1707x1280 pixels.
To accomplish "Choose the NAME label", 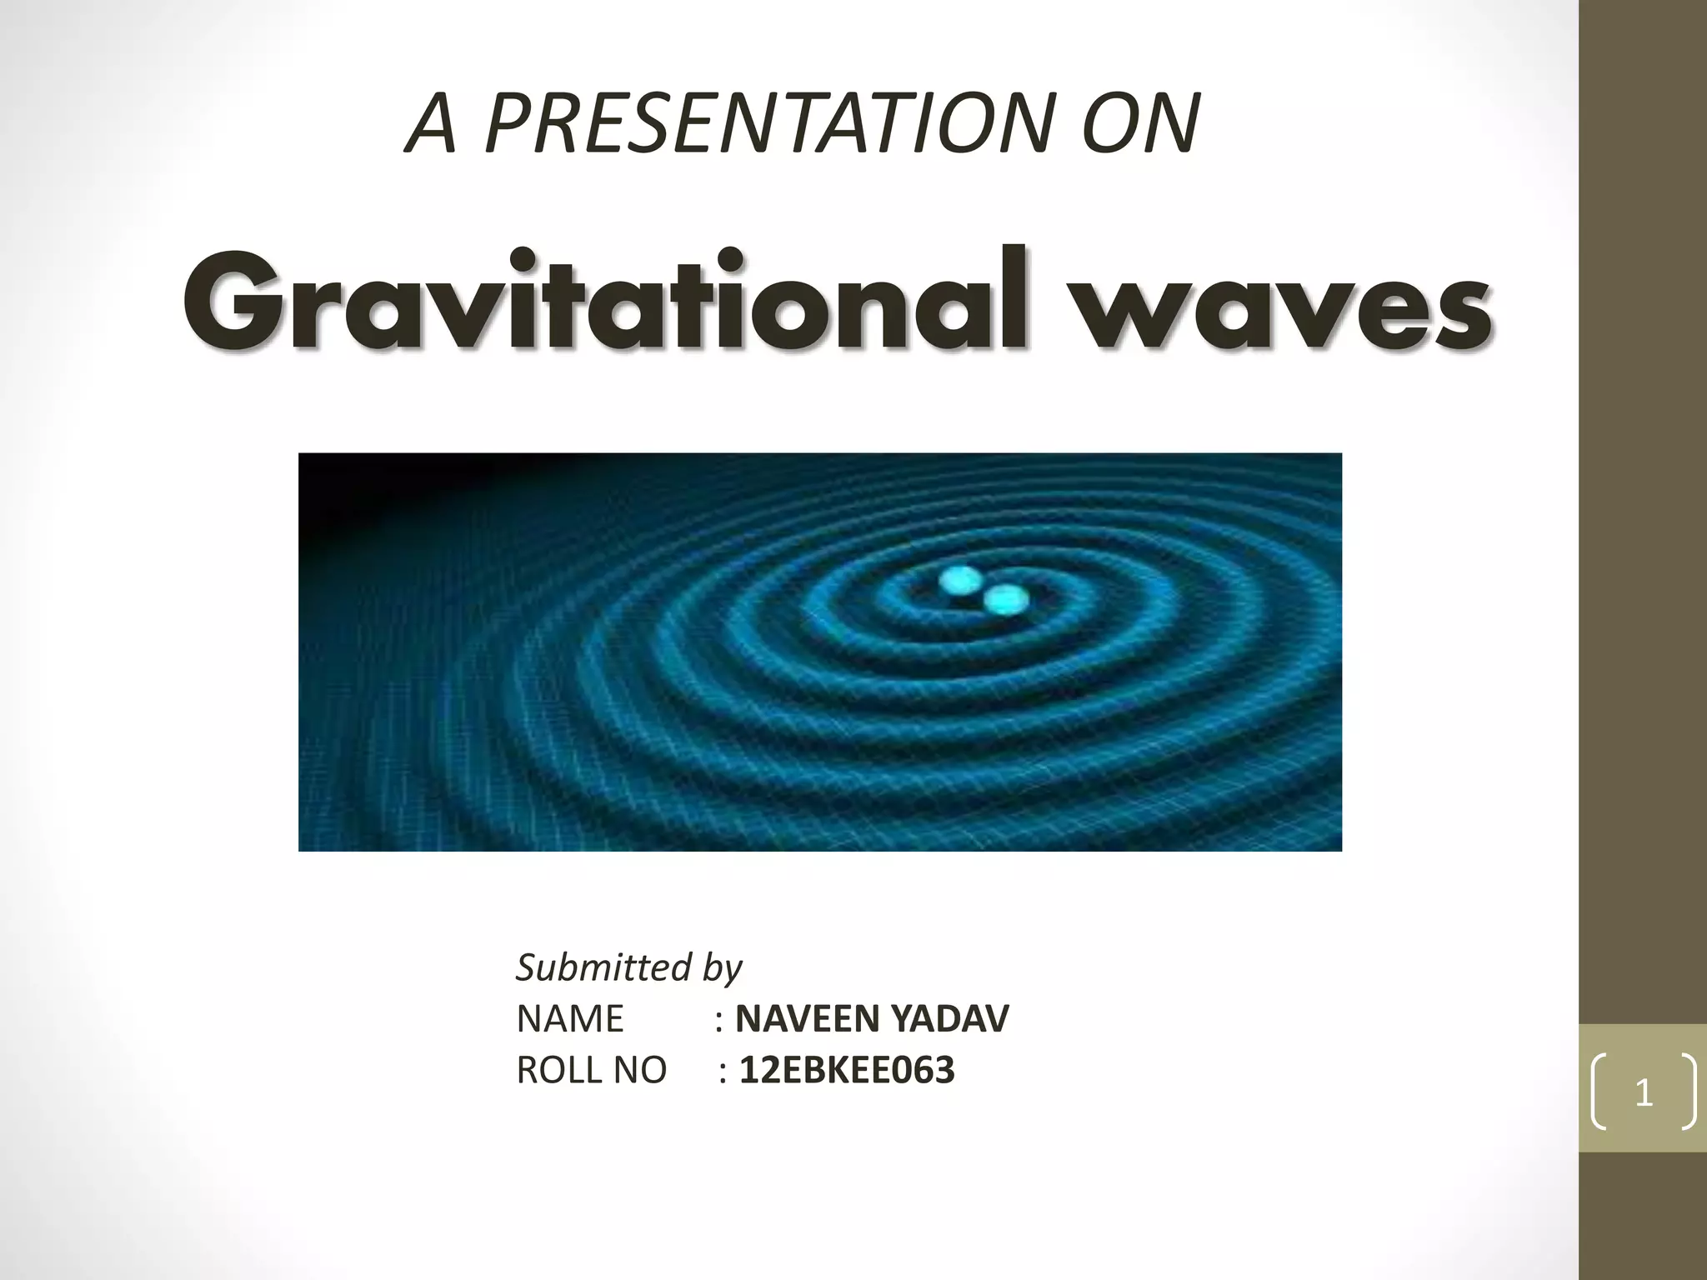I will pos(570,1018).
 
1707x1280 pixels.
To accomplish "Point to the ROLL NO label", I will pos(591,1070).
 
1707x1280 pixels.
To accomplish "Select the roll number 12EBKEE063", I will pos(847,1070).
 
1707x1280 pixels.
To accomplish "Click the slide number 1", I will pos(1644,1092).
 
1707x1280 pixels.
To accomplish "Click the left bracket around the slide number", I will pos(1598,1092).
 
